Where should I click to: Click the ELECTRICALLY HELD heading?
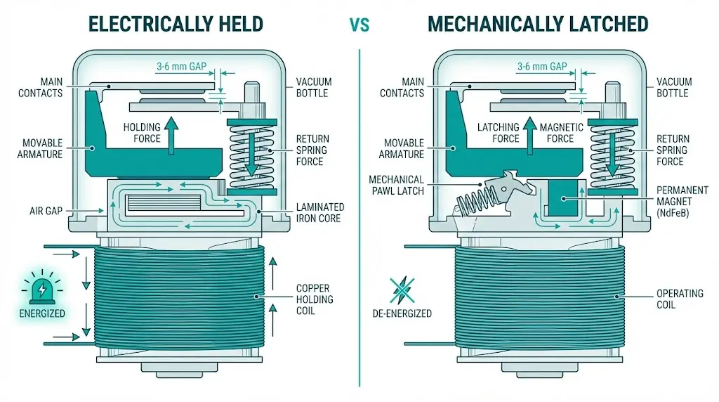click(x=176, y=23)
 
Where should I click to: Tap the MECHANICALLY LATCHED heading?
click(x=537, y=23)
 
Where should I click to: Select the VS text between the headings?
click(x=359, y=25)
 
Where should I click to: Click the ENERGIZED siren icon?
click(x=43, y=288)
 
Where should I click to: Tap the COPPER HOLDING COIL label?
click(x=314, y=299)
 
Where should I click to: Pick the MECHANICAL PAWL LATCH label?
click(x=396, y=185)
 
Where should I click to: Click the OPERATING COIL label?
click(x=679, y=299)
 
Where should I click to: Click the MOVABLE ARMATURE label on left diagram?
click(x=41, y=148)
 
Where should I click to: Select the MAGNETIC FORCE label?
click(x=560, y=133)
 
